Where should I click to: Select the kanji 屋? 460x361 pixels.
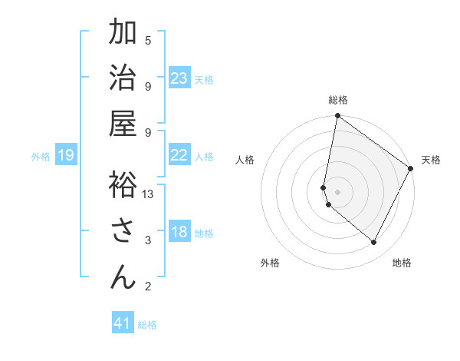click(123, 123)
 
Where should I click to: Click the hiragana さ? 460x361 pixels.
click(123, 230)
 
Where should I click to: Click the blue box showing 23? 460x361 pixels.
click(179, 78)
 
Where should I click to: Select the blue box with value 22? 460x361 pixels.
click(179, 155)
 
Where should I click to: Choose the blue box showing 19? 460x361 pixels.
click(66, 156)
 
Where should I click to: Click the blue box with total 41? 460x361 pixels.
click(123, 323)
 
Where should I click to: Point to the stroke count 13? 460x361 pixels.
click(149, 194)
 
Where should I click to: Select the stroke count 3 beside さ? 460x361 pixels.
click(148, 240)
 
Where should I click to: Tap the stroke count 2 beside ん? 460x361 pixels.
click(148, 286)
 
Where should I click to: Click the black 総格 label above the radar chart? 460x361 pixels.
click(338, 100)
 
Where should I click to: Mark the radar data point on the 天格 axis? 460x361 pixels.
click(411, 169)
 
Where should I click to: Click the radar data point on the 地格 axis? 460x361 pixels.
click(374, 243)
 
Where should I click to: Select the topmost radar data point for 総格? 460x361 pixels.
click(337, 117)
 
